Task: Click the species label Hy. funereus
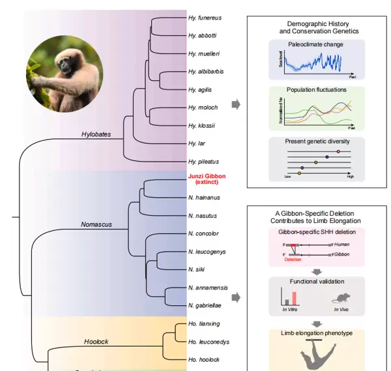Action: [201, 20]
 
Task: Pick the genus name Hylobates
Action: [96, 134]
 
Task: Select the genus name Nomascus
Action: [96, 225]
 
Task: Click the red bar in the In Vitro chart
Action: [294, 298]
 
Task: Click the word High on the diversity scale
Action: [349, 177]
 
